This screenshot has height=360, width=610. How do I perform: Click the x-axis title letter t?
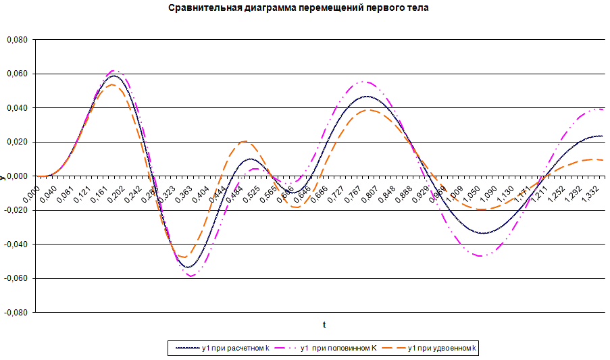tap(324, 325)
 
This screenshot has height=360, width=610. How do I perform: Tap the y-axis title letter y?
tap(3, 176)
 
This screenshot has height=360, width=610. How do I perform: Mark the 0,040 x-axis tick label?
tap(41, 191)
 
